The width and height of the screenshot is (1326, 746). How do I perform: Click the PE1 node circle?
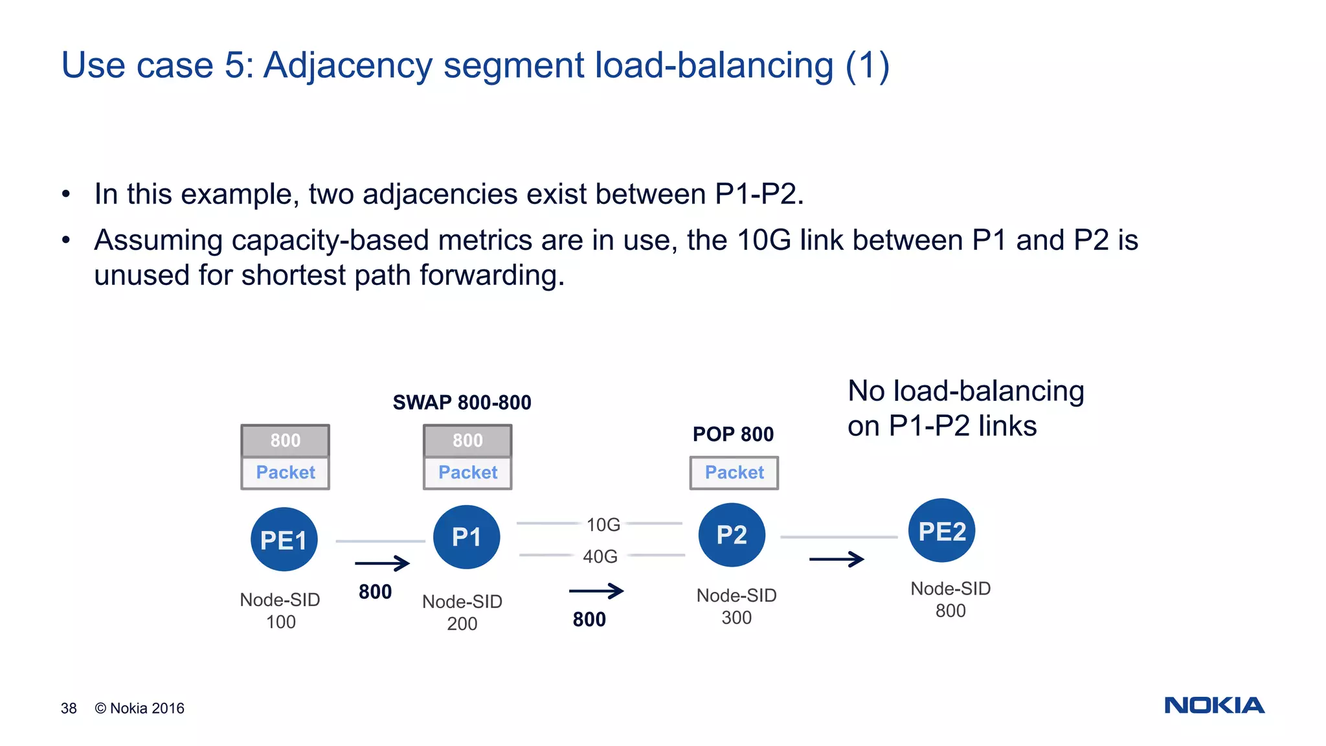coord(284,539)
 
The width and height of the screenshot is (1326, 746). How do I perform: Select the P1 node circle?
coord(466,537)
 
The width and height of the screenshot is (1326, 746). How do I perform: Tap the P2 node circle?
coord(732,535)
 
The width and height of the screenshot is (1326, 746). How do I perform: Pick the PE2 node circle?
coord(941,531)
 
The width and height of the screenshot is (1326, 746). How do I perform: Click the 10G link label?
coord(603,525)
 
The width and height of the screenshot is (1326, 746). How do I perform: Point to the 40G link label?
coord(600,556)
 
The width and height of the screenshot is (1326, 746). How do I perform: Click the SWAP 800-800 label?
coord(462,402)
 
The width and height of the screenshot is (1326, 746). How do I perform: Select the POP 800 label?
coord(733,434)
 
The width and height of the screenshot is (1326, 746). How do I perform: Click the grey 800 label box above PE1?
coord(285,440)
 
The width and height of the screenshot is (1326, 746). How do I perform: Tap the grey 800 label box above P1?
coord(467,440)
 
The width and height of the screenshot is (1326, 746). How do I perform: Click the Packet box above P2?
coord(734,473)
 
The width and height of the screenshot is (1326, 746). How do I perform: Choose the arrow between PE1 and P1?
coord(382,563)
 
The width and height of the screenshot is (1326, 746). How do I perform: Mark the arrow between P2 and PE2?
coord(837,559)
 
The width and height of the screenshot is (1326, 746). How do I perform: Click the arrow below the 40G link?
coord(596,591)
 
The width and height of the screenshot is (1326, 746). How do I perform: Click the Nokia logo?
coord(1214,705)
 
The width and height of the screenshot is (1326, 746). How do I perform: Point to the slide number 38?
coord(69,708)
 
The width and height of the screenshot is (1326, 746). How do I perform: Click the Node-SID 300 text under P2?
coord(736,606)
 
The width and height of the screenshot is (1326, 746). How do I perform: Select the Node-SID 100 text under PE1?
coord(280,610)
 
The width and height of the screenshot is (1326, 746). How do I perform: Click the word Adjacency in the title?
coord(349,66)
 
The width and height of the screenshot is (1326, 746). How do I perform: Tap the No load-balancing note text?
coord(965,408)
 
